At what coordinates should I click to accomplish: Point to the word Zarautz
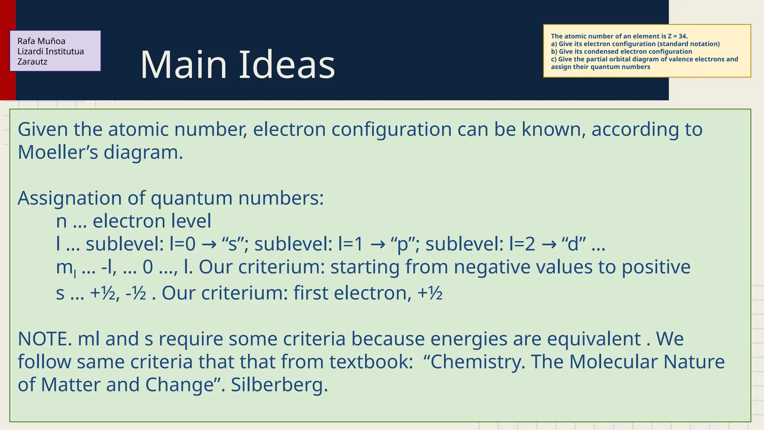click(x=32, y=62)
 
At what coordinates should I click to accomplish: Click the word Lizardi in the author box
click(x=29, y=52)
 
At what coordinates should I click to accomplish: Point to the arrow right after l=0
click(x=208, y=244)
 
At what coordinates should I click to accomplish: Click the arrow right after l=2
click(x=548, y=244)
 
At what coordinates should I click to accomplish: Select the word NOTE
click(x=45, y=339)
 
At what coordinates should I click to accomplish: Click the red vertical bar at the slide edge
click(x=7, y=50)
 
